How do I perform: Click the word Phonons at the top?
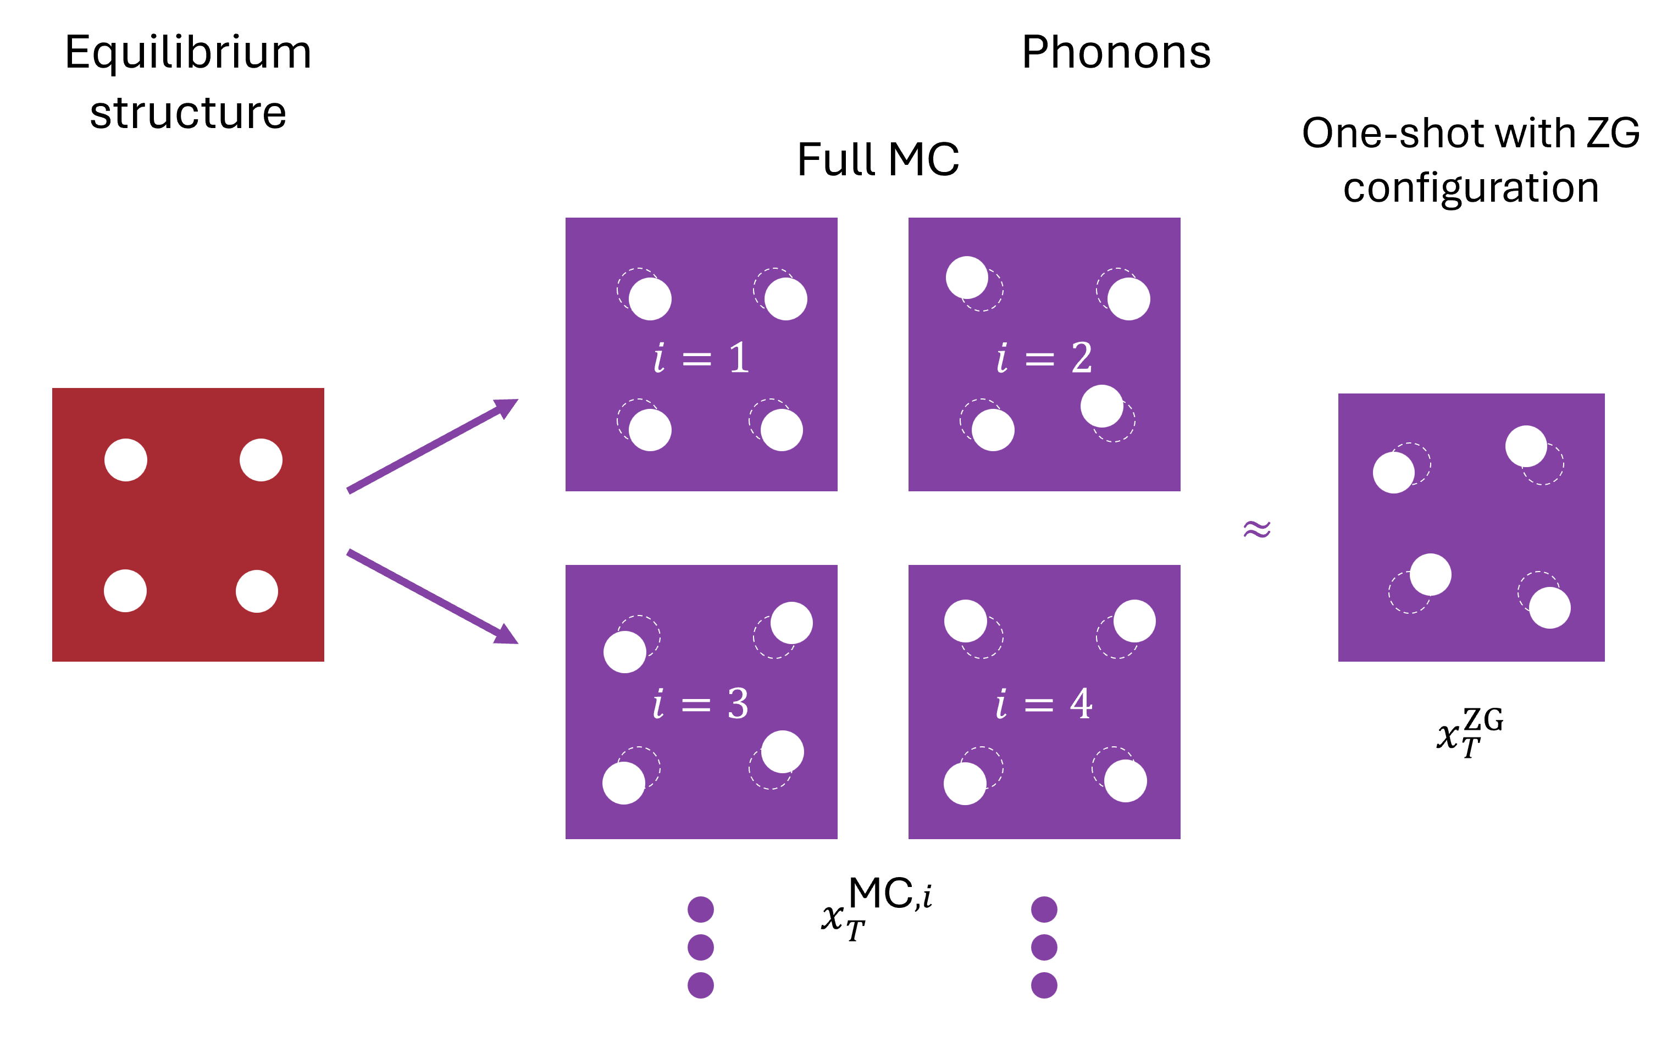[1116, 53]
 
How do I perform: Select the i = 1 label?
[701, 358]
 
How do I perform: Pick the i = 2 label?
[1044, 358]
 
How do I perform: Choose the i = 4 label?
[1044, 704]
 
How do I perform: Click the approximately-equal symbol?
[1256, 530]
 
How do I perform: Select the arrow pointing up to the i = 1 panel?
[432, 446]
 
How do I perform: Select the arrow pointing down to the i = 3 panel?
[432, 597]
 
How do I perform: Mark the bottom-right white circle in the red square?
[257, 591]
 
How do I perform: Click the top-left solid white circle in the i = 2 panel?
[966, 277]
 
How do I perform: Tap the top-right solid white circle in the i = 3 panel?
[791, 623]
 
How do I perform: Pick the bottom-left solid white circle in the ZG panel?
[1430, 575]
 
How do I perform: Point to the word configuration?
[1471, 188]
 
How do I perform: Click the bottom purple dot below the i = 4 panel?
[1044, 985]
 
